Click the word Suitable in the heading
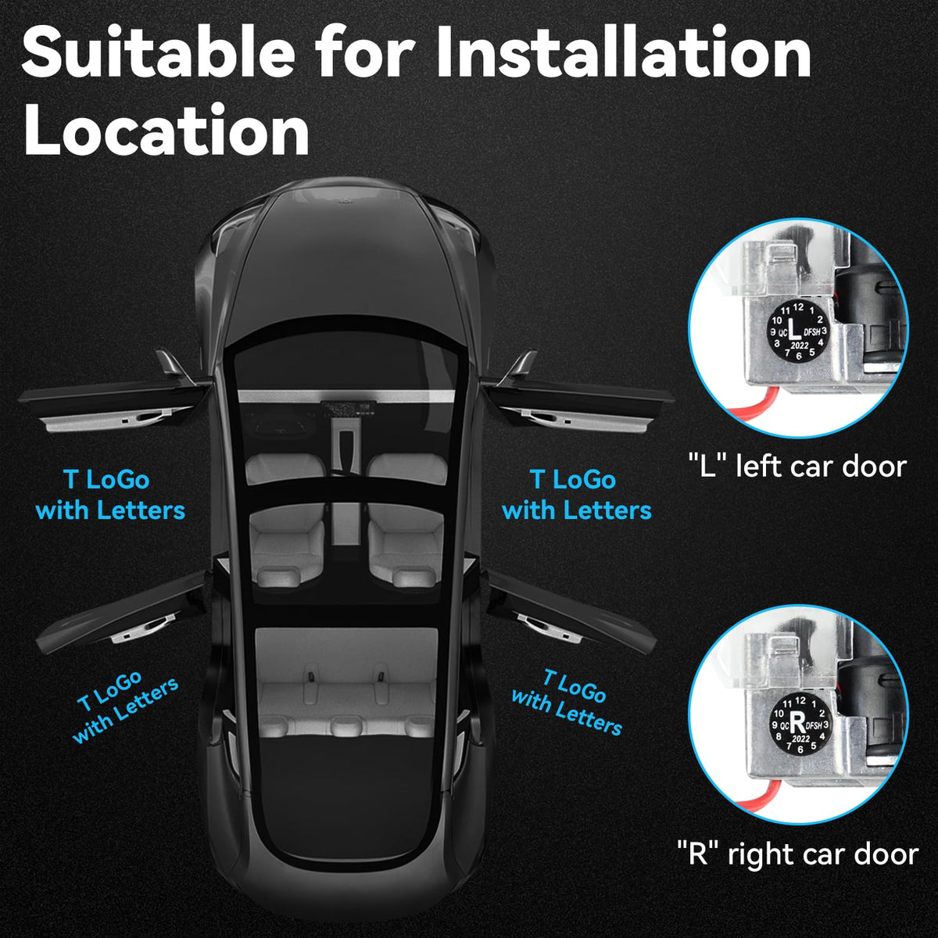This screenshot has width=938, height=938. [x=158, y=52]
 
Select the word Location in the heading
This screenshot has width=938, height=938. [x=166, y=130]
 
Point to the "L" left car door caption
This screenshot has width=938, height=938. [x=797, y=467]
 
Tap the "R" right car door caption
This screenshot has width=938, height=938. [x=797, y=854]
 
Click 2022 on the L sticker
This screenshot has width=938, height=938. [x=800, y=345]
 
